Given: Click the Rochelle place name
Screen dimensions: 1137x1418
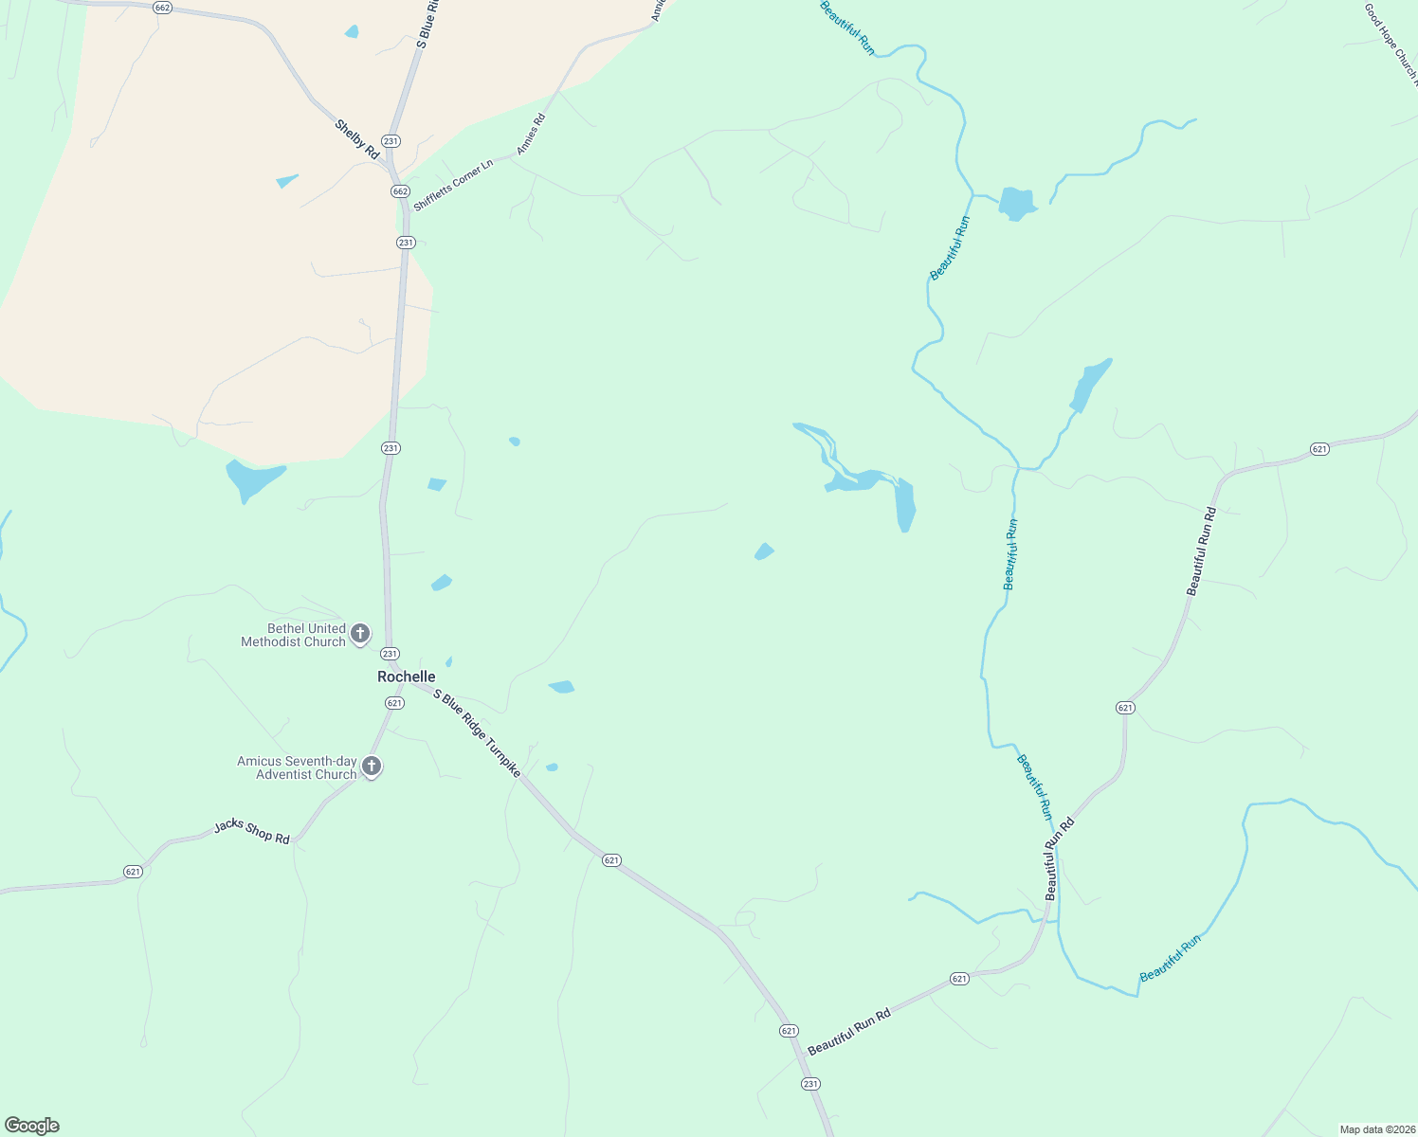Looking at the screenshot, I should point(407,677).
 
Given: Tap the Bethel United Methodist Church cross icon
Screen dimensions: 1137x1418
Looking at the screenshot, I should point(360,633).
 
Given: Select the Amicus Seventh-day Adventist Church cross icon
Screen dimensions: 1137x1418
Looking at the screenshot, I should point(373,766).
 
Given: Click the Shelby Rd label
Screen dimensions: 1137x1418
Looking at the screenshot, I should point(357,139).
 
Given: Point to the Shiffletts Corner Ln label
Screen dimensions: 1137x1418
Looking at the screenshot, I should point(454,186).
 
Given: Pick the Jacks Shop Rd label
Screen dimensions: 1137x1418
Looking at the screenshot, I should point(251,831).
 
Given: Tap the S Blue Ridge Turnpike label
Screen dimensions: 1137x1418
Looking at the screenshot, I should point(477,733).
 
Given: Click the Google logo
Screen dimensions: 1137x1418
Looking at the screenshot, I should point(32,1126).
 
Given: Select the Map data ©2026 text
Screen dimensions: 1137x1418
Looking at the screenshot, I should point(1376,1129).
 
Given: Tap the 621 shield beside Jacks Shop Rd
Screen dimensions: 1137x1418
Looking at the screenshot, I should point(133,872).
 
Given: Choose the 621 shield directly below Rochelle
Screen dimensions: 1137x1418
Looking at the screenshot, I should point(395,703).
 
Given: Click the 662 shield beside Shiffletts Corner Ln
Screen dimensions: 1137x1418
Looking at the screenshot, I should point(400,191).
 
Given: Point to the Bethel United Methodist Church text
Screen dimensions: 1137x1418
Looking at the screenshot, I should point(294,635).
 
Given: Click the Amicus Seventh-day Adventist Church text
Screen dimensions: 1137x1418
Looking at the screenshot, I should point(297,767).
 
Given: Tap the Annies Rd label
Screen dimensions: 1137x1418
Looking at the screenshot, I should point(531,135).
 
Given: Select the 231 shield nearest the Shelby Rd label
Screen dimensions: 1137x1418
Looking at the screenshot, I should point(391,141).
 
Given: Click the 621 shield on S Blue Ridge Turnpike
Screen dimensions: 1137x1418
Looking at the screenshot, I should point(611,860).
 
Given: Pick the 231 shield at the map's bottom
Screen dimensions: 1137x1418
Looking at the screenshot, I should point(810,1084).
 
